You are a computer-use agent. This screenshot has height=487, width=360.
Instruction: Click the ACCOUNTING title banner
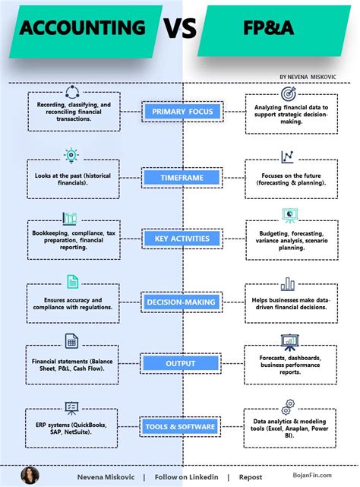tap(82, 29)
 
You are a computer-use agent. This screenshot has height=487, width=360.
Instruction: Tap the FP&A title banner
tap(278, 29)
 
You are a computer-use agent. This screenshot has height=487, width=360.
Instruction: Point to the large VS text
tap(180, 29)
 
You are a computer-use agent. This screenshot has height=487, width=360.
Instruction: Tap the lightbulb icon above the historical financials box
tap(71, 155)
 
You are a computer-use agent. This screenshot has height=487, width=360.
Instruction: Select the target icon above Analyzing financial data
tap(289, 94)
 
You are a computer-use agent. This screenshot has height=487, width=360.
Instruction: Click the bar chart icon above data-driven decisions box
tap(288, 284)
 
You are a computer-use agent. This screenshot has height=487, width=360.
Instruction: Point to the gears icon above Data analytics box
tap(288, 406)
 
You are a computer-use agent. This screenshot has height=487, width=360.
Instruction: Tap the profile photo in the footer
tap(30, 476)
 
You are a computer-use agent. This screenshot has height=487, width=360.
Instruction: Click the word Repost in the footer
tap(251, 477)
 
